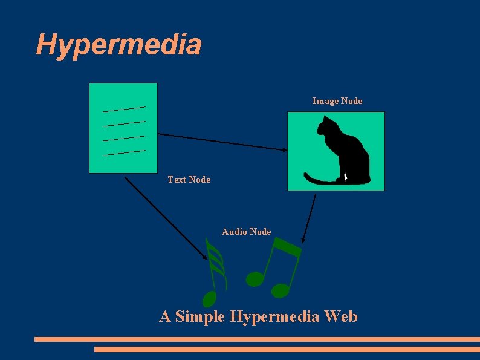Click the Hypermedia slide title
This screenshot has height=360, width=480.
[x=118, y=45]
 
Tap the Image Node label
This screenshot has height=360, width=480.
[x=337, y=101]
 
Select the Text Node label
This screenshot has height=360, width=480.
[x=189, y=180]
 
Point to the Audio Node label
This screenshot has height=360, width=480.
[x=246, y=232]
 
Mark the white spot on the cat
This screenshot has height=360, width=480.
[x=346, y=177]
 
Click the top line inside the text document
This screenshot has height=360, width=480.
[x=124, y=109]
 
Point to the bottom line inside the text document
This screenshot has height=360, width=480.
[x=124, y=152]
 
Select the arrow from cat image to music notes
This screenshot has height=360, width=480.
[x=310, y=218]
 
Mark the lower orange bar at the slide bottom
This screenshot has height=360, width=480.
[x=287, y=349]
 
